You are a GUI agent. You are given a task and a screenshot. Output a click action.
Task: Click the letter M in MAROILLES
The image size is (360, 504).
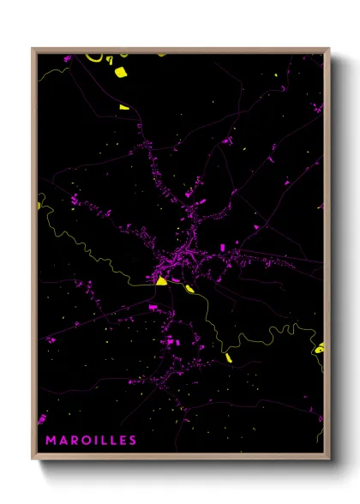(x=51, y=441)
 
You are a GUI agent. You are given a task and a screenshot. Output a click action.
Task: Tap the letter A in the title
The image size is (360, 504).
(x=63, y=441)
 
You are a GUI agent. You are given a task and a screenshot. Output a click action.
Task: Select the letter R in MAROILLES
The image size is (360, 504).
(x=75, y=441)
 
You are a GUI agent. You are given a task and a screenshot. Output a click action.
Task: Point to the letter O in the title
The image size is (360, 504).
(x=87, y=441)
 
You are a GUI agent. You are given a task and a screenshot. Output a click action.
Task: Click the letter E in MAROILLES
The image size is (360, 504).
(x=122, y=441)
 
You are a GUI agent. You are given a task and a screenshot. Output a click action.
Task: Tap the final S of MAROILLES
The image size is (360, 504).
(x=132, y=441)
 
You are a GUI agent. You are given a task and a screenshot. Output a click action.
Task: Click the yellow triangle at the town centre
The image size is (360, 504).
(x=160, y=279)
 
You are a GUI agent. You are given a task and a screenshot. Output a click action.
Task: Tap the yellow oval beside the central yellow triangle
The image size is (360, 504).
(x=176, y=280)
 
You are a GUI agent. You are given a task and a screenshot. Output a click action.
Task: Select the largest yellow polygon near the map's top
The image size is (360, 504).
(x=120, y=72)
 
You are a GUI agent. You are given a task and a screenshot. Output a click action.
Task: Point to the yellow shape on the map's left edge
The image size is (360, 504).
(x=39, y=203)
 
